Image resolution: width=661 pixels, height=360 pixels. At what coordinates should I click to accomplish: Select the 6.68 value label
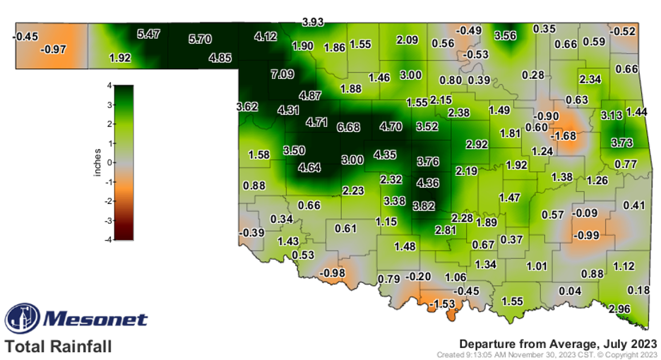[349, 127]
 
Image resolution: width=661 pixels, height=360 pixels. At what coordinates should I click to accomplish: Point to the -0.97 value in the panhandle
[54, 49]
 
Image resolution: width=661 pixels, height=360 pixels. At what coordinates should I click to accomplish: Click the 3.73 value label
[621, 143]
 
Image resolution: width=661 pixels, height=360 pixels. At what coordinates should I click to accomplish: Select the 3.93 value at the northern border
[313, 22]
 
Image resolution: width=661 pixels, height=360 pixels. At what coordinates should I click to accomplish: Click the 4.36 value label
[429, 183]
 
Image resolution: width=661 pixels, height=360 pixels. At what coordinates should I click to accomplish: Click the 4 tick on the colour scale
[109, 85]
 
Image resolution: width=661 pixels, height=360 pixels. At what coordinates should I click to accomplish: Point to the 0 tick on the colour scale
[109, 162]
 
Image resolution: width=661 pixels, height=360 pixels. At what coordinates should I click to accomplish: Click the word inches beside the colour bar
[97, 162]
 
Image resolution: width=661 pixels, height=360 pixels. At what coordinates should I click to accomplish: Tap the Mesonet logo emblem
[22, 320]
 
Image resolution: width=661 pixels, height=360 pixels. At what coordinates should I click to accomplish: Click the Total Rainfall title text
[58, 347]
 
